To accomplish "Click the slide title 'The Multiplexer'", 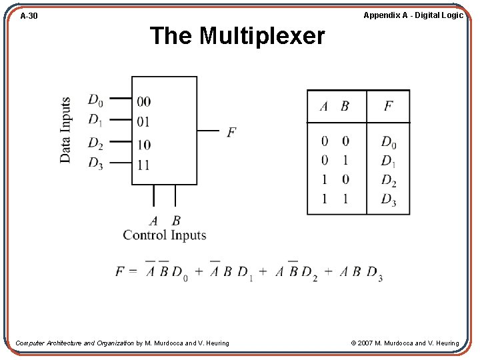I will (x=237, y=36).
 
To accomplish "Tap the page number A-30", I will (x=29, y=15).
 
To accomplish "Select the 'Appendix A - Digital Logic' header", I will (x=413, y=15).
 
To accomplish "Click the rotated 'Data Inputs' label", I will (x=65, y=130).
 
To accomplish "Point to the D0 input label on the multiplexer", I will (x=95, y=100).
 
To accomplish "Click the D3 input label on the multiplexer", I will (x=95, y=163).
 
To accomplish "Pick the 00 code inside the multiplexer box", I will (x=143, y=101).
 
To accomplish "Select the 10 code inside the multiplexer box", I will (x=143, y=145).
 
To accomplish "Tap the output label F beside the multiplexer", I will (x=231, y=132).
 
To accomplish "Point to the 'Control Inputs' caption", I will (x=165, y=235).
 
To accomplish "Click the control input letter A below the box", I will (x=154, y=221).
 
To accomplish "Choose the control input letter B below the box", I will (x=176, y=221).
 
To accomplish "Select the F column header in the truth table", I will (x=388, y=106).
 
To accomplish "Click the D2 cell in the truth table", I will (x=389, y=180).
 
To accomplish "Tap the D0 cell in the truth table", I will (x=389, y=142).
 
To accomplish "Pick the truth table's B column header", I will (x=345, y=106).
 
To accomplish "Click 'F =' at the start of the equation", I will (x=126, y=271).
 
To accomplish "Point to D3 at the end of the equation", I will (x=375, y=273).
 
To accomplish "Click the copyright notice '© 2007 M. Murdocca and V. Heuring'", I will (x=405, y=343).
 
